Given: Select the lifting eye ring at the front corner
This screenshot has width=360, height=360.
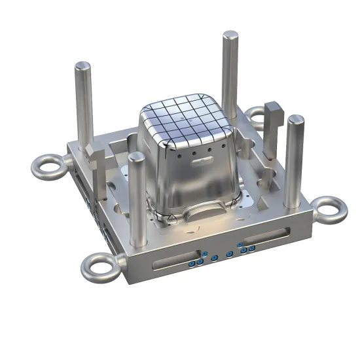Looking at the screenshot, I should click(x=95, y=266).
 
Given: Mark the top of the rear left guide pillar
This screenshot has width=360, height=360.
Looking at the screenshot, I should click(x=83, y=65).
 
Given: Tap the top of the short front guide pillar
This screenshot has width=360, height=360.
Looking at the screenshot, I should click(x=136, y=157).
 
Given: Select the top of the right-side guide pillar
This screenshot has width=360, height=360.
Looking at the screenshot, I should click(x=295, y=120).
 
